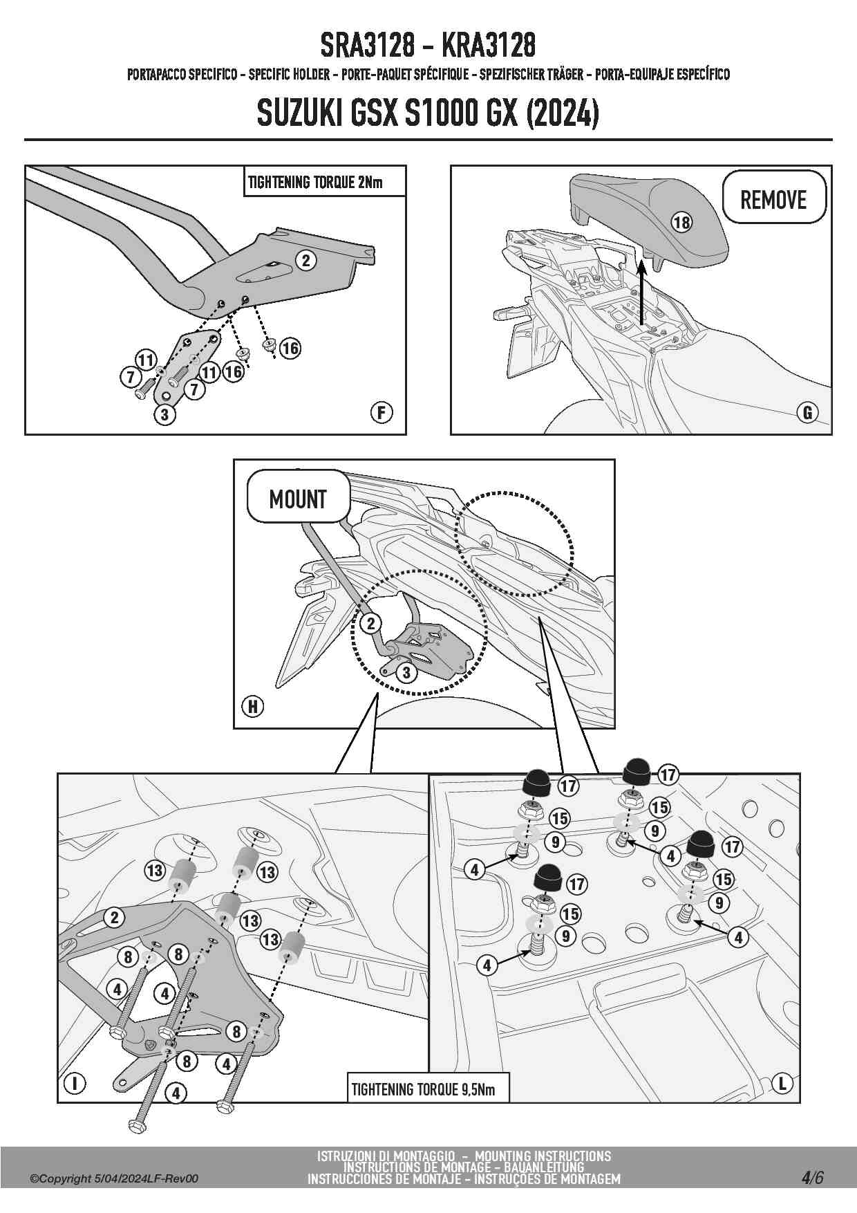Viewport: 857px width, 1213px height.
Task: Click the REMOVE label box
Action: pos(774,198)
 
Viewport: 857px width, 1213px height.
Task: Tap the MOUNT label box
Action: pos(298,498)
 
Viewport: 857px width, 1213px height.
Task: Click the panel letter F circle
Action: pos(381,413)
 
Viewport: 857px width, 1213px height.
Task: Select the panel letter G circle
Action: pos(807,413)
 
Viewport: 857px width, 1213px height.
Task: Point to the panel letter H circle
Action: pos(253,707)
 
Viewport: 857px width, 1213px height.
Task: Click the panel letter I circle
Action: pos(75,1083)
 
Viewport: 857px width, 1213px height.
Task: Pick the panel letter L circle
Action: pos(782,1084)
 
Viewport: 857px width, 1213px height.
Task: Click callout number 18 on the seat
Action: pos(681,222)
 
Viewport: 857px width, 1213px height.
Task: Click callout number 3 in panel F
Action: pos(164,414)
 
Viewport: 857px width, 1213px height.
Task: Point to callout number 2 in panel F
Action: pos(305,260)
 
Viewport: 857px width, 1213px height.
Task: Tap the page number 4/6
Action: pos(813,1178)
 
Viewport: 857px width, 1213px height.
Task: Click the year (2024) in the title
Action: pos(562,113)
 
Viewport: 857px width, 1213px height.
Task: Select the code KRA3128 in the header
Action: pos(488,46)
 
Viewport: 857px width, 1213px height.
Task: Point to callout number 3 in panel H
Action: pos(406,672)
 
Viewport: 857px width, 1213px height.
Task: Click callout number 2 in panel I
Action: pos(115,918)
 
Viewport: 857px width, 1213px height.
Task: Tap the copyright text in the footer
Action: pos(114,1178)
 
